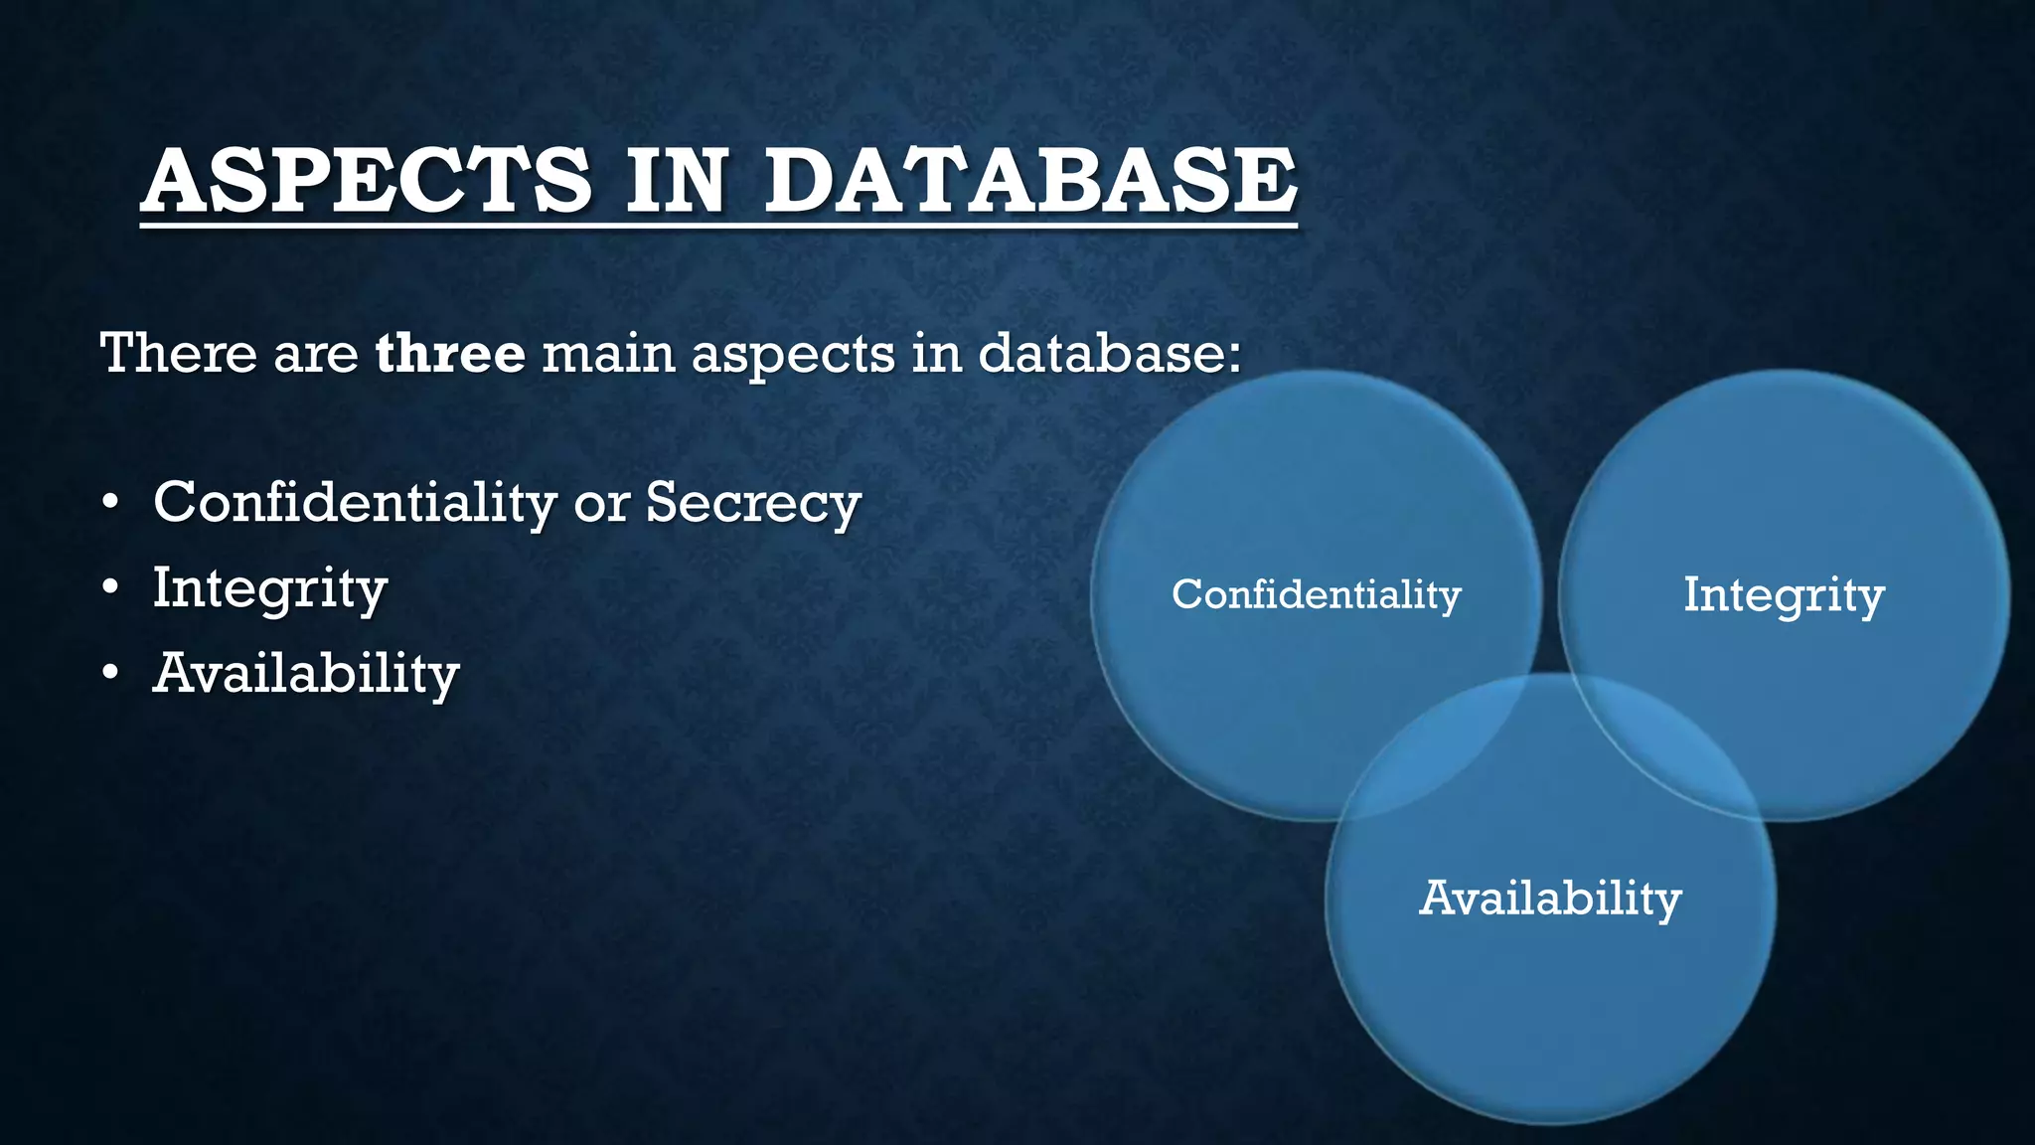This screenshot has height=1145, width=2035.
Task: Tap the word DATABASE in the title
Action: [x=1029, y=181]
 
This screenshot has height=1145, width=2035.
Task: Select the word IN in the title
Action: [x=677, y=181]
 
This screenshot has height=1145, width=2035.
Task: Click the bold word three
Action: [x=450, y=353]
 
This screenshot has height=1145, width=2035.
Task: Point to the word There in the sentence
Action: [x=179, y=353]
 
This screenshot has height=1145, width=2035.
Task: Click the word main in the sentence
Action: [x=607, y=353]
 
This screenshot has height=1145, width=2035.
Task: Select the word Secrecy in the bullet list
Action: [x=752, y=503]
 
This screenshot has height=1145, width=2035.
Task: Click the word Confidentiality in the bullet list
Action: [x=354, y=501]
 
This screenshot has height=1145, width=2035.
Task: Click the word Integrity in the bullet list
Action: [x=269, y=588]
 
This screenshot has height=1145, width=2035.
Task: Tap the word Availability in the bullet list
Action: [x=306, y=674]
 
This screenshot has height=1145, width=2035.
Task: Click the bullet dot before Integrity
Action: [x=110, y=588]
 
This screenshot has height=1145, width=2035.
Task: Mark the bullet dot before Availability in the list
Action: [x=110, y=674]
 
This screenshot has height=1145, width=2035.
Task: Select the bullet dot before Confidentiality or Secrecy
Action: [x=110, y=503]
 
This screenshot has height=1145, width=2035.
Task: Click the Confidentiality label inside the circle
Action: [x=1316, y=594]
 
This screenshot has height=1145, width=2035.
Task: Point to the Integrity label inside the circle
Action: [x=1784, y=595]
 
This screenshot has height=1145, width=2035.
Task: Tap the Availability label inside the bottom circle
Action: [x=1550, y=899]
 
